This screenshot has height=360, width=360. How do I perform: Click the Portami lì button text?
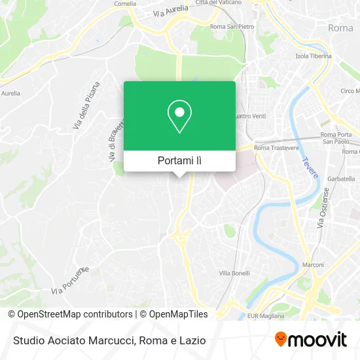179,160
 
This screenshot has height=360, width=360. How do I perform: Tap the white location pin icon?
179,116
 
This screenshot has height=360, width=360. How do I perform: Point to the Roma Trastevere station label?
276,148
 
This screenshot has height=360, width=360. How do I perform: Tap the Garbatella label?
340,178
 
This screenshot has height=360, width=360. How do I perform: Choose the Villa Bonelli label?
234,273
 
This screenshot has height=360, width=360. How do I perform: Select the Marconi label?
313,265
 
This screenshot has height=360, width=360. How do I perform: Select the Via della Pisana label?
86,105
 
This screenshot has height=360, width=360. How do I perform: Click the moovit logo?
310,340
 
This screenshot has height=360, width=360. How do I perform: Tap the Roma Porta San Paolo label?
336,137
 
